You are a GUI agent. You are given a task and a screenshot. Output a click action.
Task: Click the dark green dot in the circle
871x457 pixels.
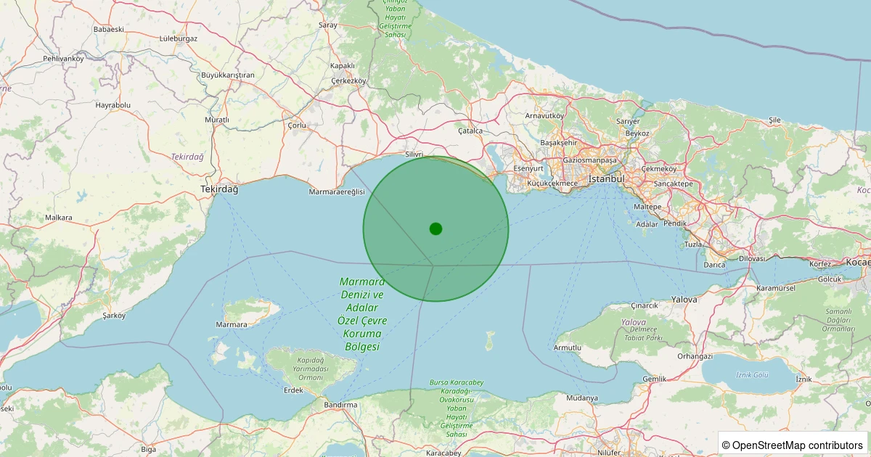435,228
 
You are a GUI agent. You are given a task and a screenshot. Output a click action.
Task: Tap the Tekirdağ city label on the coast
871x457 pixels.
219,189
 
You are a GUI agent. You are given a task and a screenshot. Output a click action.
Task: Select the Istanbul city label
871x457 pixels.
606,178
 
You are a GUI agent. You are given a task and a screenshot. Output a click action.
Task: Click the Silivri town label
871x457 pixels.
414,155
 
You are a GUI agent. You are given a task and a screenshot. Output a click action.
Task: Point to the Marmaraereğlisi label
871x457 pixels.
337,192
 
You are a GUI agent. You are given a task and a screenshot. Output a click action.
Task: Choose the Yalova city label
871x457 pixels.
684,299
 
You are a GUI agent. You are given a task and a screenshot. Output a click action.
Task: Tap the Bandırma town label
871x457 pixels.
340,404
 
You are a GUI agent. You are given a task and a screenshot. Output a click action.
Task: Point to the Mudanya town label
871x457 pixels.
582,398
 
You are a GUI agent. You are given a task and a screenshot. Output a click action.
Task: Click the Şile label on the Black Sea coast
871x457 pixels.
774,120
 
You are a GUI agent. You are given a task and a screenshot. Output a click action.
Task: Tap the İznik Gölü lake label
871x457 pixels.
752,374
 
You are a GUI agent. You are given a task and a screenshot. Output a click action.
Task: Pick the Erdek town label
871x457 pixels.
293,390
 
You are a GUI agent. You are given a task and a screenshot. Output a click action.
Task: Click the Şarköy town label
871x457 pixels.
114,316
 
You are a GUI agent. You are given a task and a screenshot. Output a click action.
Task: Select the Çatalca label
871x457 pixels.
470,131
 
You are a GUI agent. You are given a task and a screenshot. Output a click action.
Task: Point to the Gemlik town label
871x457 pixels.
654,379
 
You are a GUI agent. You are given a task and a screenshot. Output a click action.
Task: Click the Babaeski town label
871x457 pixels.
109,29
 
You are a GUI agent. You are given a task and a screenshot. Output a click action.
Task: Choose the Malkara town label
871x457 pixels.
59,217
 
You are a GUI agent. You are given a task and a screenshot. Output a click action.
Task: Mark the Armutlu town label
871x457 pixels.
568,348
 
